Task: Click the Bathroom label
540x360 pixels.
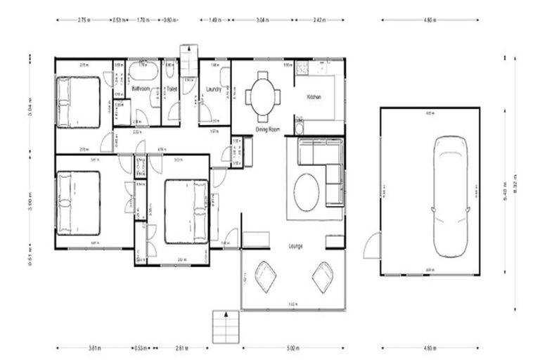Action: tap(141, 89)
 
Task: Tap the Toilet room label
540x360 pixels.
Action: tap(170, 89)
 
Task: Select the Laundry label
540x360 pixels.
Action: tap(214, 89)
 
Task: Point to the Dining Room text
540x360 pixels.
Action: tap(267, 130)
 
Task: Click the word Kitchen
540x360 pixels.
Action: tap(313, 96)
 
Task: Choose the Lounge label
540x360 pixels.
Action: tap(295, 247)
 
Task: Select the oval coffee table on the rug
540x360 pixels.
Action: tap(306, 192)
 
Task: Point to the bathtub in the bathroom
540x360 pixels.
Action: tap(143, 71)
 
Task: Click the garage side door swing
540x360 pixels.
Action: tap(371, 246)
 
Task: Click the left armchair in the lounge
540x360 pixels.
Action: tap(265, 276)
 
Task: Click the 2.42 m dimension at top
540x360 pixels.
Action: tap(319, 20)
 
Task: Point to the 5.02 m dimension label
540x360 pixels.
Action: tap(293, 347)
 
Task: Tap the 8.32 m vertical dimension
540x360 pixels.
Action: tap(515, 184)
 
